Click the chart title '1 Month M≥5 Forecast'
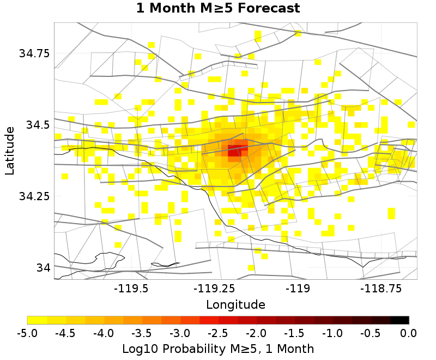pos(218,9)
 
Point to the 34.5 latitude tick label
pos(37,125)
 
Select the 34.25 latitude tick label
pos(34,196)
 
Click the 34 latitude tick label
pos(43,268)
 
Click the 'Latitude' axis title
pos(9,151)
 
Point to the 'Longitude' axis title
pos(235,304)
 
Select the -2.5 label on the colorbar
pos(218,333)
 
